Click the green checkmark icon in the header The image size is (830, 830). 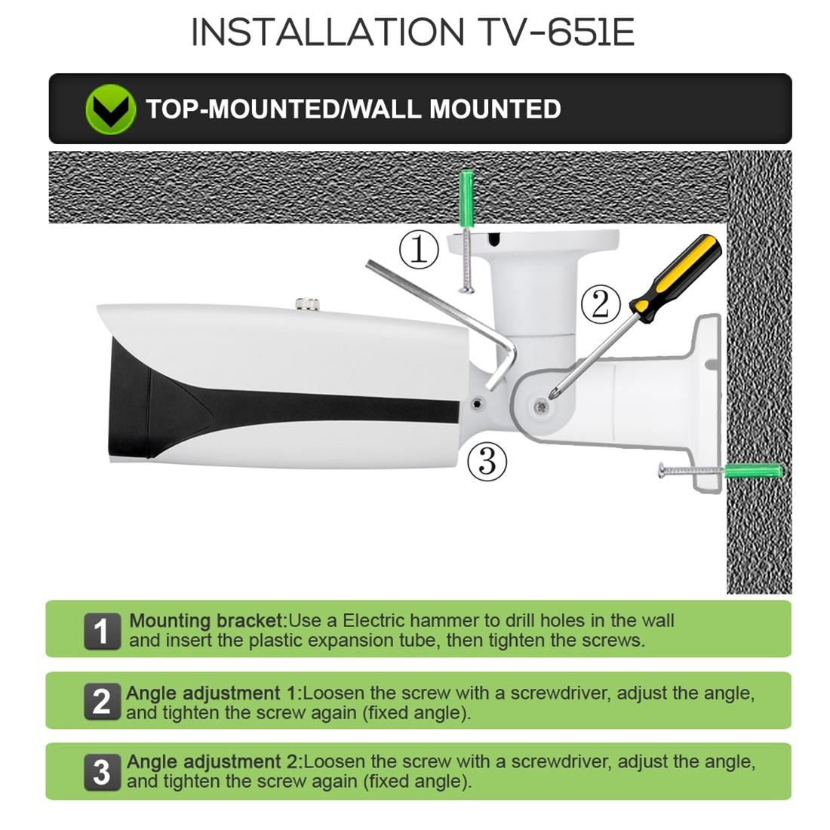coord(110,109)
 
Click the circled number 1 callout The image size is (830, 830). coord(418,250)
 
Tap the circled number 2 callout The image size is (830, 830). coord(600,304)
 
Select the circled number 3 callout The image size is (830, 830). coord(487,460)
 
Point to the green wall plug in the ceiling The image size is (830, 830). coord(469,198)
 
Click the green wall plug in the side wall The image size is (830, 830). coord(752,472)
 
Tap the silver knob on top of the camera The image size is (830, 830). coord(306,303)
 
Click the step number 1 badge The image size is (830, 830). coord(102,631)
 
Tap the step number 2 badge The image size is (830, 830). coord(102,702)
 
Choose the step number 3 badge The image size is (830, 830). coord(102,772)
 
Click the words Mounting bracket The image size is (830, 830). coord(206,621)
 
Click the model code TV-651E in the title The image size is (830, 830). coord(556,32)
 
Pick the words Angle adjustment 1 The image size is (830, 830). coord(213,693)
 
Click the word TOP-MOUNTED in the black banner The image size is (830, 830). coord(242,109)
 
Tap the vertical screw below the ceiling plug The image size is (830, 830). coord(466,260)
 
